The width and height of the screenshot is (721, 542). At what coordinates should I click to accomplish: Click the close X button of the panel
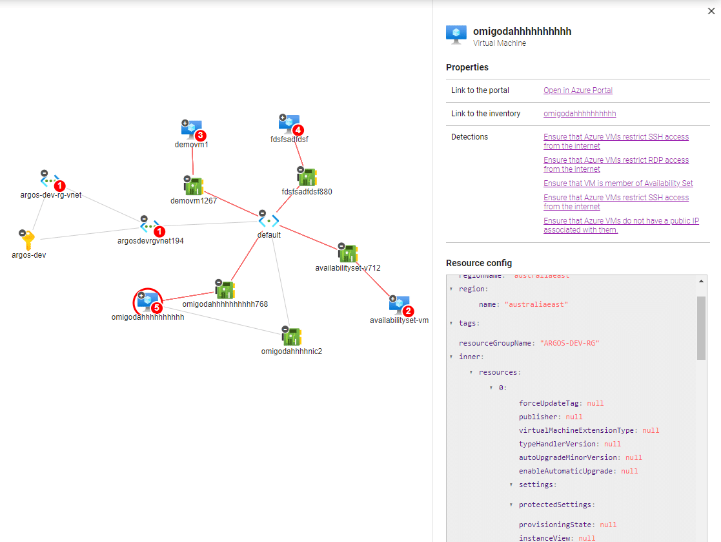pyautogui.click(x=711, y=11)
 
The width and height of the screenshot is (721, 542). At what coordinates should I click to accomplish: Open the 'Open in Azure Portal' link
pyautogui.click(x=578, y=90)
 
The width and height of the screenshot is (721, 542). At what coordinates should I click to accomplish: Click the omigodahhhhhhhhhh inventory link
pyautogui.click(x=580, y=114)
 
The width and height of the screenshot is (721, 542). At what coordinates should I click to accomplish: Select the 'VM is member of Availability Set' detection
pyautogui.click(x=618, y=183)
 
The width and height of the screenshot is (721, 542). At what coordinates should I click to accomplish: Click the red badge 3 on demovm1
pyautogui.click(x=201, y=136)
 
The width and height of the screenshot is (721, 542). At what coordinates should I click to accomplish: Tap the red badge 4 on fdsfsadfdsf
pyautogui.click(x=298, y=130)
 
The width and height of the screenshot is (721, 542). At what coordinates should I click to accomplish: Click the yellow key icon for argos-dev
pyautogui.click(x=28, y=240)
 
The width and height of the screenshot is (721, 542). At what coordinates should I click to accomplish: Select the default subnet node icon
pyautogui.click(x=269, y=221)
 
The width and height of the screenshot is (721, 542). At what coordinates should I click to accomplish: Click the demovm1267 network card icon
pyautogui.click(x=194, y=187)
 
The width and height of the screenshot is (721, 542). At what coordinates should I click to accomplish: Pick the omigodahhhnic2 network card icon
pyautogui.click(x=292, y=337)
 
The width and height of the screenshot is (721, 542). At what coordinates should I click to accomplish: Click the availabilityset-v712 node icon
pyautogui.click(x=348, y=254)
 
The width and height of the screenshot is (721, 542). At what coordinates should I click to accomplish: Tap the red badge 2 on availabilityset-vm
pyautogui.click(x=408, y=311)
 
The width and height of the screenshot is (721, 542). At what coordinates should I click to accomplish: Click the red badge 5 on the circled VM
pyautogui.click(x=156, y=308)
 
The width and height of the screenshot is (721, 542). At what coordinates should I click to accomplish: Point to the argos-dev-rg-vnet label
pyautogui.click(x=51, y=195)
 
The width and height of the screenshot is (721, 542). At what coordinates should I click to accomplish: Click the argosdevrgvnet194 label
pyautogui.click(x=150, y=241)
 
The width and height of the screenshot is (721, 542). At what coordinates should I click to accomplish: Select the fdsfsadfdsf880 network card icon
pyautogui.click(x=307, y=178)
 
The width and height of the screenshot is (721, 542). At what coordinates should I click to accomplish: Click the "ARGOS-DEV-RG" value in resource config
pyautogui.click(x=569, y=343)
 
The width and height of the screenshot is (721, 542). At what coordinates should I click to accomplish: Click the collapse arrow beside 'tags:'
pyautogui.click(x=451, y=323)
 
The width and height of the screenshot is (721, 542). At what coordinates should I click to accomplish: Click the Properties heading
pyautogui.click(x=467, y=67)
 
